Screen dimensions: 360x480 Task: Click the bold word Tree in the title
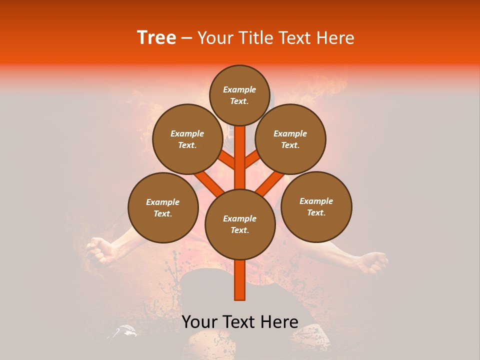pyautogui.click(x=156, y=37)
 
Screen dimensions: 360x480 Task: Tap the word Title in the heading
pyautogui.click(x=255, y=37)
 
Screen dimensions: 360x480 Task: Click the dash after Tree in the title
pyautogui.click(x=186, y=38)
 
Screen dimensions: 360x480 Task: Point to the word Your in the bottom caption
pyautogui.click(x=200, y=322)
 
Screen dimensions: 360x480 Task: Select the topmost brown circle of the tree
pyautogui.click(x=239, y=95)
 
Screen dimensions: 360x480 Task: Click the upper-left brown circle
pyautogui.click(x=187, y=139)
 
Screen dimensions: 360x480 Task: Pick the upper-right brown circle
pyautogui.click(x=290, y=139)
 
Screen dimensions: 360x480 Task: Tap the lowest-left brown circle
pyautogui.click(x=163, y=207)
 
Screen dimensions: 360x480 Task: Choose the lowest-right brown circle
pyautogui.click(x=316, y=206)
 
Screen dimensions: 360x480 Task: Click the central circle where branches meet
pyautogui.click(x=240, y=224)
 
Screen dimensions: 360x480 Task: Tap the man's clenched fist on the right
pyautogui.click(x=374, y=262)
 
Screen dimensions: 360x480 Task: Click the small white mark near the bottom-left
pyautogui.click(x=125, y=330)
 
